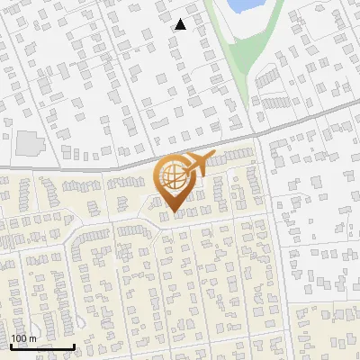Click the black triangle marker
(181, 24)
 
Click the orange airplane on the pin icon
(193, 166)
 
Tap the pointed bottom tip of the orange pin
(175, 211)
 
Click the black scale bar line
(41, 346)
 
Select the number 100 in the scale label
(19, 338)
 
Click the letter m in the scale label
(32, 338)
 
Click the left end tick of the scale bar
(10, 345)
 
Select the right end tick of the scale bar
(74, 345)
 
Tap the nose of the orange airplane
(213, 157)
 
